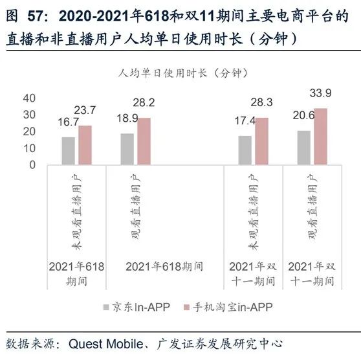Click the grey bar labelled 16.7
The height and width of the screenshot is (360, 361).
click(x=68, y=150)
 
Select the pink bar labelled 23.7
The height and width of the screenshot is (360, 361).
click(x=85, y=144)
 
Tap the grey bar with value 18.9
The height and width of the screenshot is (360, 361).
click(x=127, y=148)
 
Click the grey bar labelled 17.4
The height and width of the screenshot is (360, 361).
click(x=245, y=150)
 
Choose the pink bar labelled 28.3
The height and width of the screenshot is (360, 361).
click(x=261, y=141)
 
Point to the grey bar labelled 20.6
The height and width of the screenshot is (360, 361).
click(x=303, y=147)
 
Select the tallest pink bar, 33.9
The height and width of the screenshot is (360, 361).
click(x=320, y=136)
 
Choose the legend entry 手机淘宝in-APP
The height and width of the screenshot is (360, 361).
click(x=224, y=308)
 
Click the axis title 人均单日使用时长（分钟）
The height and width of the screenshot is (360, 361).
click(x=180, y=73)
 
